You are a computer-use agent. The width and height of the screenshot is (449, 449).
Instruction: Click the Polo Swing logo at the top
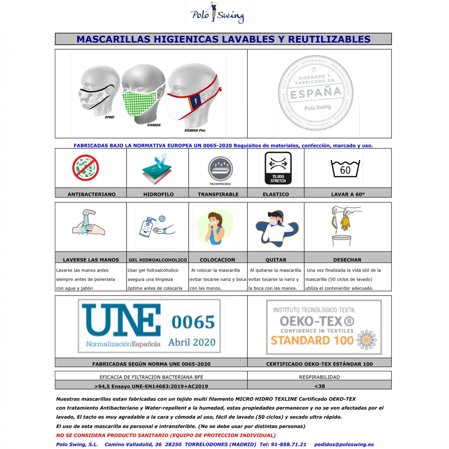pyautogui.click(x=217, y=13)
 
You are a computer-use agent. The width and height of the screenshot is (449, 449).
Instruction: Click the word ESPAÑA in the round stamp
pyautogui.click(x=316, y=93)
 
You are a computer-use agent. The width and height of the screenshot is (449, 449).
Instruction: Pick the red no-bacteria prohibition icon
pyautogui.click(x=86, y=168)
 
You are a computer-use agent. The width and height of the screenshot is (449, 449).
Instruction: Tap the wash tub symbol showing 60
pyautogui.click(x=345, y=169)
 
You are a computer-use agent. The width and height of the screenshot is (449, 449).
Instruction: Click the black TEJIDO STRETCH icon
pyautogui.click(x=278, y=168)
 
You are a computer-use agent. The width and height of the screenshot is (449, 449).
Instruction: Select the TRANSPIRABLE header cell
pyautogui.click(x=218, y=194)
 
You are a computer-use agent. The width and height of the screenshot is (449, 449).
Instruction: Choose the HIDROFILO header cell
pyautogui.click(x=158, y=194)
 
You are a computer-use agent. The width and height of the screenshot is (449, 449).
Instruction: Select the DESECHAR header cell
pyautogui.click(x=347, y=260)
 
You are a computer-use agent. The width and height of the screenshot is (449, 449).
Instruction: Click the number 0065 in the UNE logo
pyautogui.click(x=193, y=322)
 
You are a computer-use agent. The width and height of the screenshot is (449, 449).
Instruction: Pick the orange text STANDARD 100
pyautogui.click(x=312, y=340)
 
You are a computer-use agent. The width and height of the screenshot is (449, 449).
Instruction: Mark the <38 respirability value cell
pyautogui.click(x=319, y=386)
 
